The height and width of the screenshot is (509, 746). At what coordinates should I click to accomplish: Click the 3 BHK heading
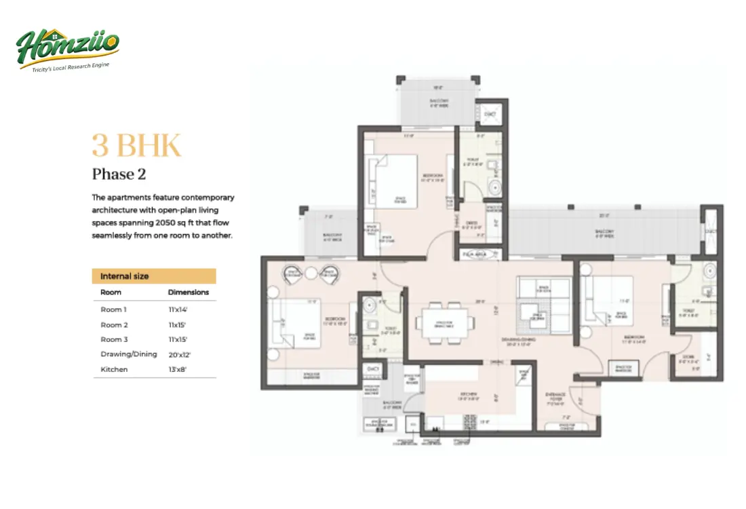tap(136, 147)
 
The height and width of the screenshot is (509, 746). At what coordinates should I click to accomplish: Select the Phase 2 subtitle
tap(119, 174)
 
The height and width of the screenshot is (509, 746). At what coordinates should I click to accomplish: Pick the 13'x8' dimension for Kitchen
tap(178, 369)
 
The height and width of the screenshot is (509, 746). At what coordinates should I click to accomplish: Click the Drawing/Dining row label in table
tap(129, 354)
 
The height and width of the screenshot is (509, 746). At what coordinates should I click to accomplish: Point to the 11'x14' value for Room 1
tap(178, 309)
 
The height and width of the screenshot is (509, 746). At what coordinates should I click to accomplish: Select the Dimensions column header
tap(188, 293)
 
